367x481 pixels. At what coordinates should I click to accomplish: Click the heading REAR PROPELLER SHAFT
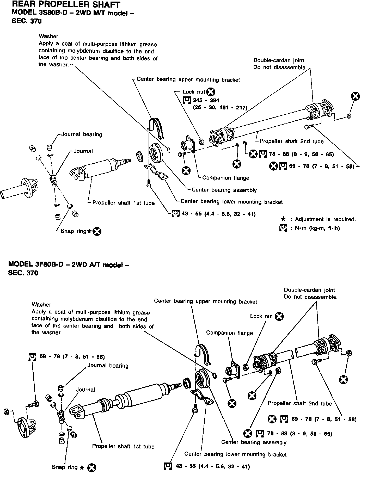pyautogui.click(x=66, y=4)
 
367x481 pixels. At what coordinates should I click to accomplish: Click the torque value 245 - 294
pyautogui.click(x=206, y=100)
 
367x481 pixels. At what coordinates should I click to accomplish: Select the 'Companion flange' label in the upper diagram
pyautogui.click(x=225, y=178)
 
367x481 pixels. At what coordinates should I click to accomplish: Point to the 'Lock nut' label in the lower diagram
pyautogui.click(x=261, y=316)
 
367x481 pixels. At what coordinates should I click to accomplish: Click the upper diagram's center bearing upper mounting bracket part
pyautogui.click(x=156, y=128)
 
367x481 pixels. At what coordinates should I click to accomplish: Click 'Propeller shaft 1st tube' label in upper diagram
pyautogui.click(x=123, y=203)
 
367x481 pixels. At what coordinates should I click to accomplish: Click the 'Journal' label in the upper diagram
pyautogui.click(x=83, y=151)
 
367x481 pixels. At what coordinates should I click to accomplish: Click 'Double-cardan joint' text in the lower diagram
pyautogui.click(x=309, y=290)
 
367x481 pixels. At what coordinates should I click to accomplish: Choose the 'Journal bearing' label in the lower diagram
pyautogui.click(x=108, y=366)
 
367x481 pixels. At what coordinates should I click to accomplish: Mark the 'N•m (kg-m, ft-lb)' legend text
pyautogui.click(x=317, y=229)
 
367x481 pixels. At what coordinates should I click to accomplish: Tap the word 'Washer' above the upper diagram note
pyautogui.click(x=48, y=36)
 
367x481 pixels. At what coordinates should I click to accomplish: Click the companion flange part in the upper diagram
pyautogui.click(x=188, y=145)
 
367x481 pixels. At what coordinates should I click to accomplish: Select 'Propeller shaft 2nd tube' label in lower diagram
pyautogui.click(x=300, y=404)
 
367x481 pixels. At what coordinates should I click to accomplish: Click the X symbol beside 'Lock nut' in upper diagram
pyautogui.click(x=211, y=92)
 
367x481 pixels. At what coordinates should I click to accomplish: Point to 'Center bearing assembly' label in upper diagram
pyautogui.click(x=224, y=190)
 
